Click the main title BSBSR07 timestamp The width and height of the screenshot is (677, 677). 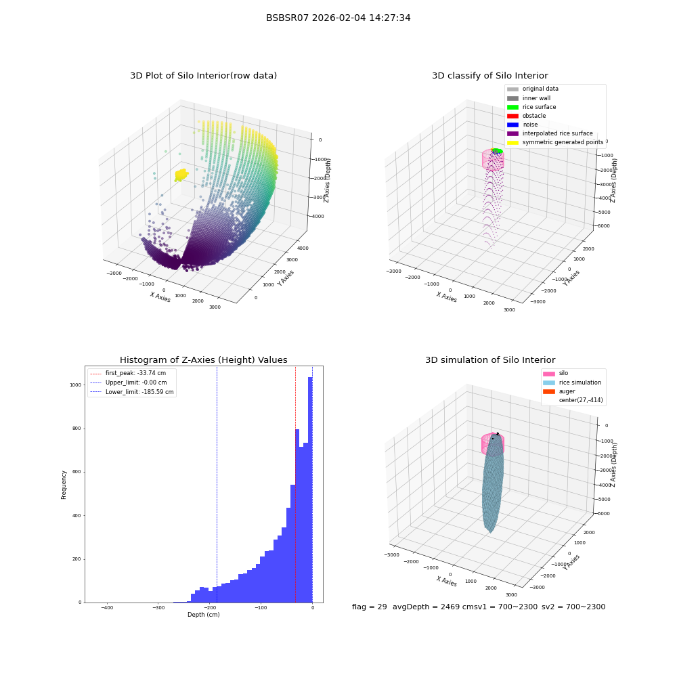click(x=338, y=18)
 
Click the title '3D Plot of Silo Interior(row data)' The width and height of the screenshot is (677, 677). click(x=203, y=76)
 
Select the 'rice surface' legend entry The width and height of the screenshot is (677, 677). click(x=531, y=107)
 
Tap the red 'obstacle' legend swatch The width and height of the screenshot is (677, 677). click(x=512, y=116)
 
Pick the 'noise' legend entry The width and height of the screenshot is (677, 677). click(x=523, y=125)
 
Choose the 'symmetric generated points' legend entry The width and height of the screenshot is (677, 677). click(x=555, y=142)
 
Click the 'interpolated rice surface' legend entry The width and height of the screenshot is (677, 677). click(x=550, y=133)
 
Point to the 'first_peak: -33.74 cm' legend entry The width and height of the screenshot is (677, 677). click(x=128, y=373)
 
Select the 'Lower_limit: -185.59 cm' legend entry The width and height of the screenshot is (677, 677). click(x=132, y=392)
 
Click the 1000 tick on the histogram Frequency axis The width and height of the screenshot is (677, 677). click(x=76, y=385)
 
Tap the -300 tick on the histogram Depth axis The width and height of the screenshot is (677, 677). click(x=158, y=607)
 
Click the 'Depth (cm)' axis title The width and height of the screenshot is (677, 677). click(x=203, y=615)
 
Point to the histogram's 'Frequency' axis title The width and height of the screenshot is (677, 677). click(x=64, y=485)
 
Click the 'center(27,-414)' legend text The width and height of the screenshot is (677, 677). click(x=581, y=400)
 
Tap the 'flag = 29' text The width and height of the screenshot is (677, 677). click(x=369, y=607)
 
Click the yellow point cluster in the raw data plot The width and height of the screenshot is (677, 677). click(x=181, y=175)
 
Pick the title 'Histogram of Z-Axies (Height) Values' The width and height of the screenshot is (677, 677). click(x=203, y=360)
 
